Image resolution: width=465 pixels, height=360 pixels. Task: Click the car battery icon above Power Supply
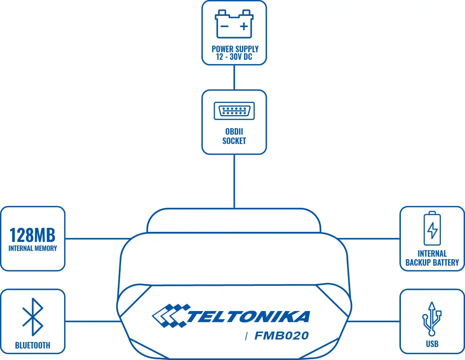coord(234,24)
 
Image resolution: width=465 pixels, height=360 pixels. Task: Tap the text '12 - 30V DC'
coord(234,57)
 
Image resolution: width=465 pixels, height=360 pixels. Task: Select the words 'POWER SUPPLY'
coord(235,49)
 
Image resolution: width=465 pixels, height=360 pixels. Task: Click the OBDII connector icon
coord(234,111)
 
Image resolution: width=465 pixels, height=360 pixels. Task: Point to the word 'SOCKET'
coord(234,141)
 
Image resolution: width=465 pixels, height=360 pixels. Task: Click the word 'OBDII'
coord(234,131)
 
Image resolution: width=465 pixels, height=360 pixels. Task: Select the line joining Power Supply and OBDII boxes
coord(234,77)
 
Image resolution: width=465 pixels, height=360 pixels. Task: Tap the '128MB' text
coord(32,235)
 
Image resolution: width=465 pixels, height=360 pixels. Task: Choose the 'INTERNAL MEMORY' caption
coord(33,248)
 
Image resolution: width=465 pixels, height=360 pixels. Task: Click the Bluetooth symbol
coord(33,317)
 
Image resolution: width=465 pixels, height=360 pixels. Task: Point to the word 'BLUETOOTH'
coord(33,345)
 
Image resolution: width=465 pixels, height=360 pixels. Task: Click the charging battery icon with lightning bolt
coord(432,229)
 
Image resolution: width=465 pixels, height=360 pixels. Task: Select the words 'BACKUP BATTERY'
coord(432,262)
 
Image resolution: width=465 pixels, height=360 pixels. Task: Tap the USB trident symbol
coord(432,319)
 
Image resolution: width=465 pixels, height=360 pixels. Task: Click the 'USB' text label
coord(432,344)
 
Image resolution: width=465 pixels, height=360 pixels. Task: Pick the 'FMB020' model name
coord(282,336)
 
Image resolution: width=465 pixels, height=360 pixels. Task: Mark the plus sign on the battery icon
coord(244,26)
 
